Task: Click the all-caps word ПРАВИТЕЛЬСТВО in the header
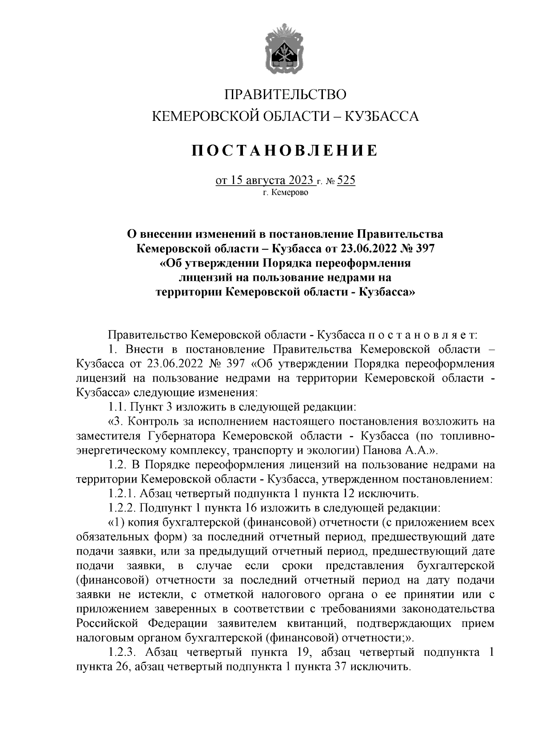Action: click(x=285, y=95)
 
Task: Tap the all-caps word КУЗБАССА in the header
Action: click(x=382, y=117)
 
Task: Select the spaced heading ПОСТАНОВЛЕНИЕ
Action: click(x=285, y=151)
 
